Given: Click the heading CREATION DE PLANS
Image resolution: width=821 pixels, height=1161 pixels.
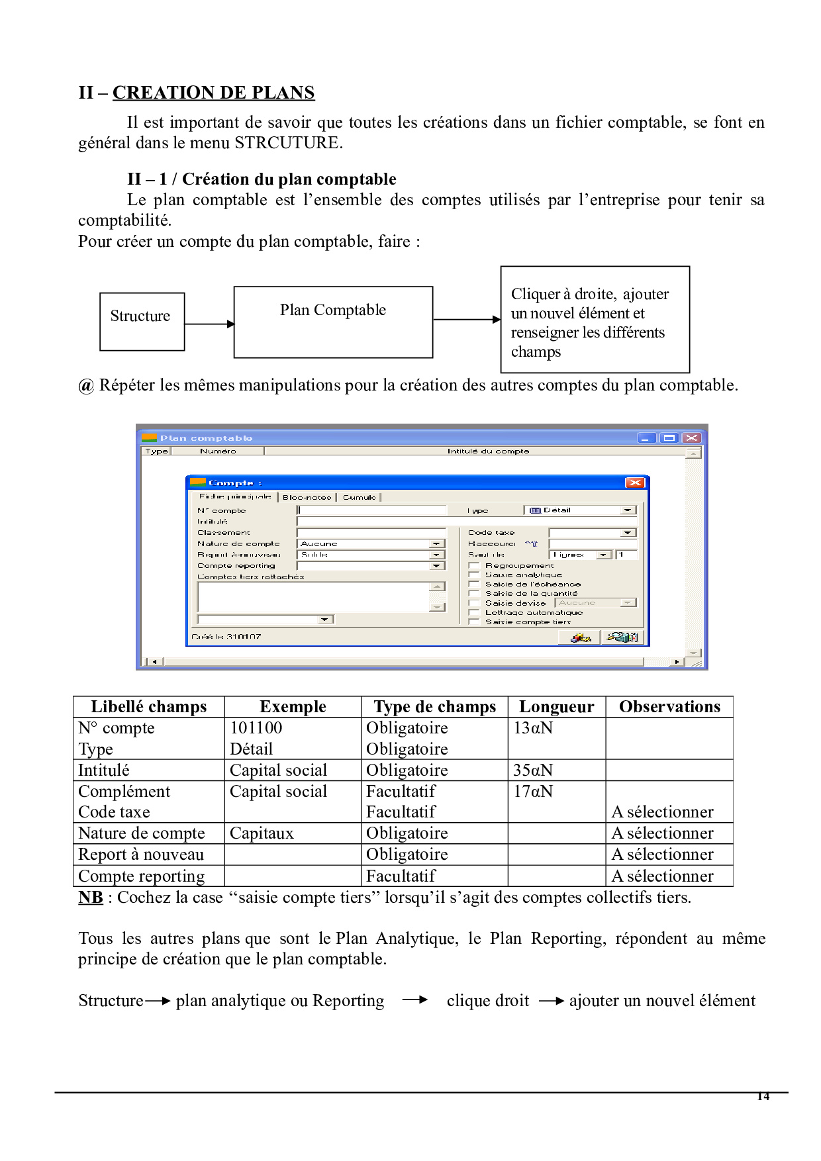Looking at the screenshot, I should [x=213, y=93].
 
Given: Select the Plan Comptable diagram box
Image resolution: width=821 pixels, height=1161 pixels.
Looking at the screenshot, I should [x=333, y=322].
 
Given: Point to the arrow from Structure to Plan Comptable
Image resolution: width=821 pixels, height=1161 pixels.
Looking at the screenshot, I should [x=209, y=324].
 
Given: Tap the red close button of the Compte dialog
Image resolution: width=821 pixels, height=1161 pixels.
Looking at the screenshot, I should [x=634, y=483].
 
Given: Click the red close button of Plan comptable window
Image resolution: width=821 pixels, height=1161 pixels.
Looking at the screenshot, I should [x=691, y=438].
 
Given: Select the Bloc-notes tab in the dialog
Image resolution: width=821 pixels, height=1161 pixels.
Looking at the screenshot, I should [x=307, y=497].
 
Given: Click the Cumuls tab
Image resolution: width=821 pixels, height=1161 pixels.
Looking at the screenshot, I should [x=359, y=497].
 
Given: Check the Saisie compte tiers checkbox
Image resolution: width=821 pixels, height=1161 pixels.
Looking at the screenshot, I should [x=474, y=622].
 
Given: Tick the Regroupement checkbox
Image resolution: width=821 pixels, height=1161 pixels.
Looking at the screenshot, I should [x=474, y=565].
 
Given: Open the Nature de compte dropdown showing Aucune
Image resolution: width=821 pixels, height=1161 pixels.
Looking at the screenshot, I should [x=436, y=543].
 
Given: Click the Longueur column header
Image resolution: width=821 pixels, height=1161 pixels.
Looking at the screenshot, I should [x=556, y=707].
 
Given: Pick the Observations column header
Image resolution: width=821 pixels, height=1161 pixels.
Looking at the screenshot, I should [x=669, y=707].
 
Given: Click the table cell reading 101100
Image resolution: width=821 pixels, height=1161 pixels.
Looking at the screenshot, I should [x=256, y=728].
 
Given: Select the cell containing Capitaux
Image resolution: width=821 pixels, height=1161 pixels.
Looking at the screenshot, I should [x=262, y=833].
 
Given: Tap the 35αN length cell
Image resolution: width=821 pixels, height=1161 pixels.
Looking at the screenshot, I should [x=533, y=770].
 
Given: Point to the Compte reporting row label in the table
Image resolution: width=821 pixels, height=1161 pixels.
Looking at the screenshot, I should [x=142, y=876].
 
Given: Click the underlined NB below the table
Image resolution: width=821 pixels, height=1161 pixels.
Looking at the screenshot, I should [x=91, y=898].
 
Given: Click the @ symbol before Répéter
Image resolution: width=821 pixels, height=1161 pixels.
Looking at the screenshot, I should [x=86, y=386].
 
